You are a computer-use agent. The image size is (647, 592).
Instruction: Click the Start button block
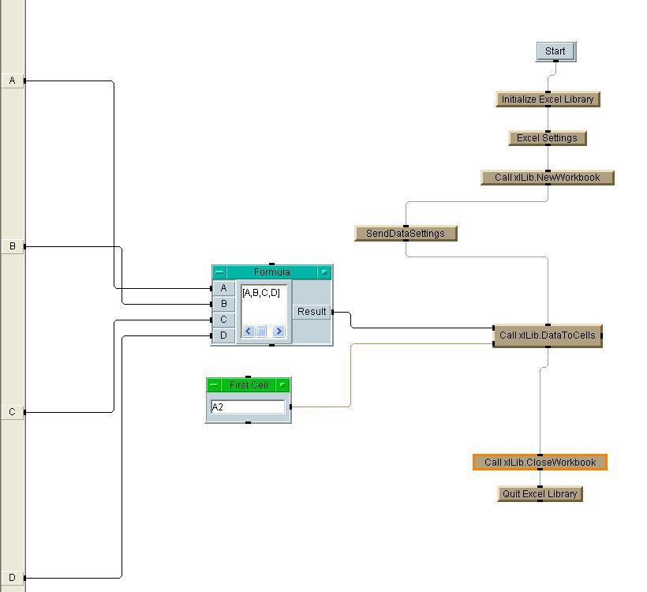coord(555,51)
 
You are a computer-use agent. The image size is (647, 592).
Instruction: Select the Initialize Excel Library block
coord(548,99)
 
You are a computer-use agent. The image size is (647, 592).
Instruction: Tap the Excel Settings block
coord(547,138)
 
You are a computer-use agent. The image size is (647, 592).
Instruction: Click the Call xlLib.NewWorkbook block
coord(547,178)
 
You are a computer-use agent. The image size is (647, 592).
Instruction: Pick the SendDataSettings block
coord(406,234)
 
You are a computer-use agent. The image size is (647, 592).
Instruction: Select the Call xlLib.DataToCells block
coord(547,335)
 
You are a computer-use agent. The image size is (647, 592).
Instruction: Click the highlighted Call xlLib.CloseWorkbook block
coord(540,463)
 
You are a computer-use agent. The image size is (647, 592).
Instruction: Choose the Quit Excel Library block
coord(540,494)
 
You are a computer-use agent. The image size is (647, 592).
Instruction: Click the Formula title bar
coord(271,272)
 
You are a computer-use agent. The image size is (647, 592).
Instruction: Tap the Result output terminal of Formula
coord(312,312)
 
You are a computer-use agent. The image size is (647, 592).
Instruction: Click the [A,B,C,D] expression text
coord(261,293)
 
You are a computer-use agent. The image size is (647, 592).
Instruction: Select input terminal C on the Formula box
coord(223,320)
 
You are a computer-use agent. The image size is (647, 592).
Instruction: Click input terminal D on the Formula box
coord(223,335)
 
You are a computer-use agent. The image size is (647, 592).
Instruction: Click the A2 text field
coord(248,407)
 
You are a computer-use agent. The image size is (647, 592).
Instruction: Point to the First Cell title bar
coord(249,385)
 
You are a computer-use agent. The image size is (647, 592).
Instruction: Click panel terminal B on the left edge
coord(13,246)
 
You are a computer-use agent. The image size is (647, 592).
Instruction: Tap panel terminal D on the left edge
coord(13,578)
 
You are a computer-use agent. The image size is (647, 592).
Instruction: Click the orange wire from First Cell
coord(350,375)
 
